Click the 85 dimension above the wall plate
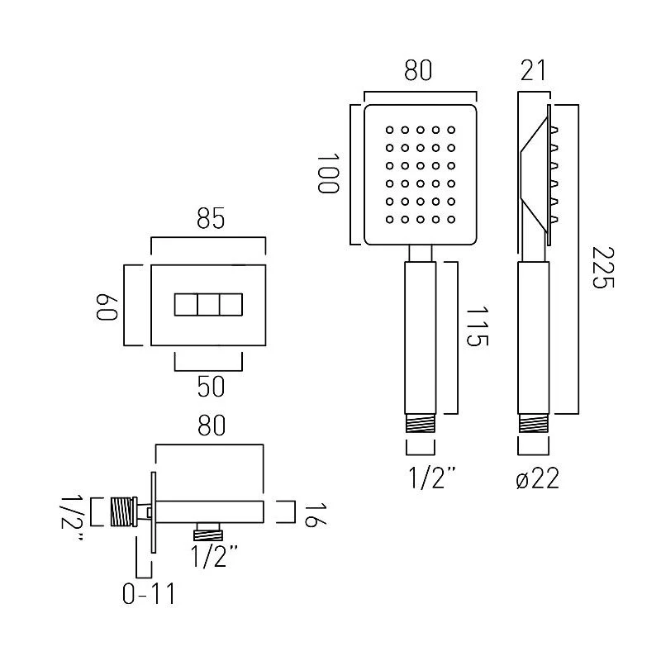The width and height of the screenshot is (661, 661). pyautogui.click(x=208, y=221)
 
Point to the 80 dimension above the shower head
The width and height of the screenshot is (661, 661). pyautogui.click(x=419, y=73)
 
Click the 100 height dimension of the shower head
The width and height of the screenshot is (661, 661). pyautogui.click(x=327, y=173)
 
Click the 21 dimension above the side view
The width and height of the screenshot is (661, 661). pyautogui.click(x=533, y=73)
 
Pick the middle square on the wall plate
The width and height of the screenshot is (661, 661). pyautogui.click(x=208, y=305)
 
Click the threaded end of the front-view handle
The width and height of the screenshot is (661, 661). pyautogui.click(x=421, y=426)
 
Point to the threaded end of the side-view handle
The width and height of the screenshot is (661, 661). pyautogui.click(x=532, y=426)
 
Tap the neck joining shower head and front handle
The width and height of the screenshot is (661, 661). pyautogui.click(x=421, y=254)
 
